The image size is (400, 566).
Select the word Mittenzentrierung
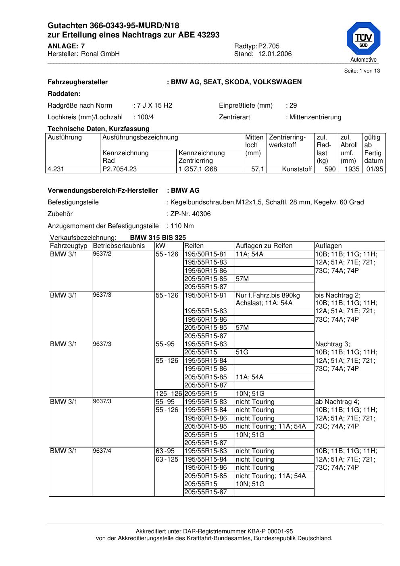click(315, 117)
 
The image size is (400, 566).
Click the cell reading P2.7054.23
click(120, 169)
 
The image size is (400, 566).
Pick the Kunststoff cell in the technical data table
click(297, 169)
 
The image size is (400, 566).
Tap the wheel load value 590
click(330, 169)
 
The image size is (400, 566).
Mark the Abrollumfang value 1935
click(352, 169)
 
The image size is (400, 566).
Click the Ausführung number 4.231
click(56, 169)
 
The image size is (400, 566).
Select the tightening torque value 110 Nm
click(182, 226)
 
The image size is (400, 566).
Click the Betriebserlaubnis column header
click(119, 246)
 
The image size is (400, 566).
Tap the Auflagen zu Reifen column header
click(264, 246)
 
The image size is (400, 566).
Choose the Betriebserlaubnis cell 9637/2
click(102, 254)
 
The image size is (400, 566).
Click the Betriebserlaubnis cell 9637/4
click(102, 450)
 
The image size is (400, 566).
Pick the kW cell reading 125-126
click(169, 394)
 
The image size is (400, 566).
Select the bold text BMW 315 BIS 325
click(158, 238)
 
